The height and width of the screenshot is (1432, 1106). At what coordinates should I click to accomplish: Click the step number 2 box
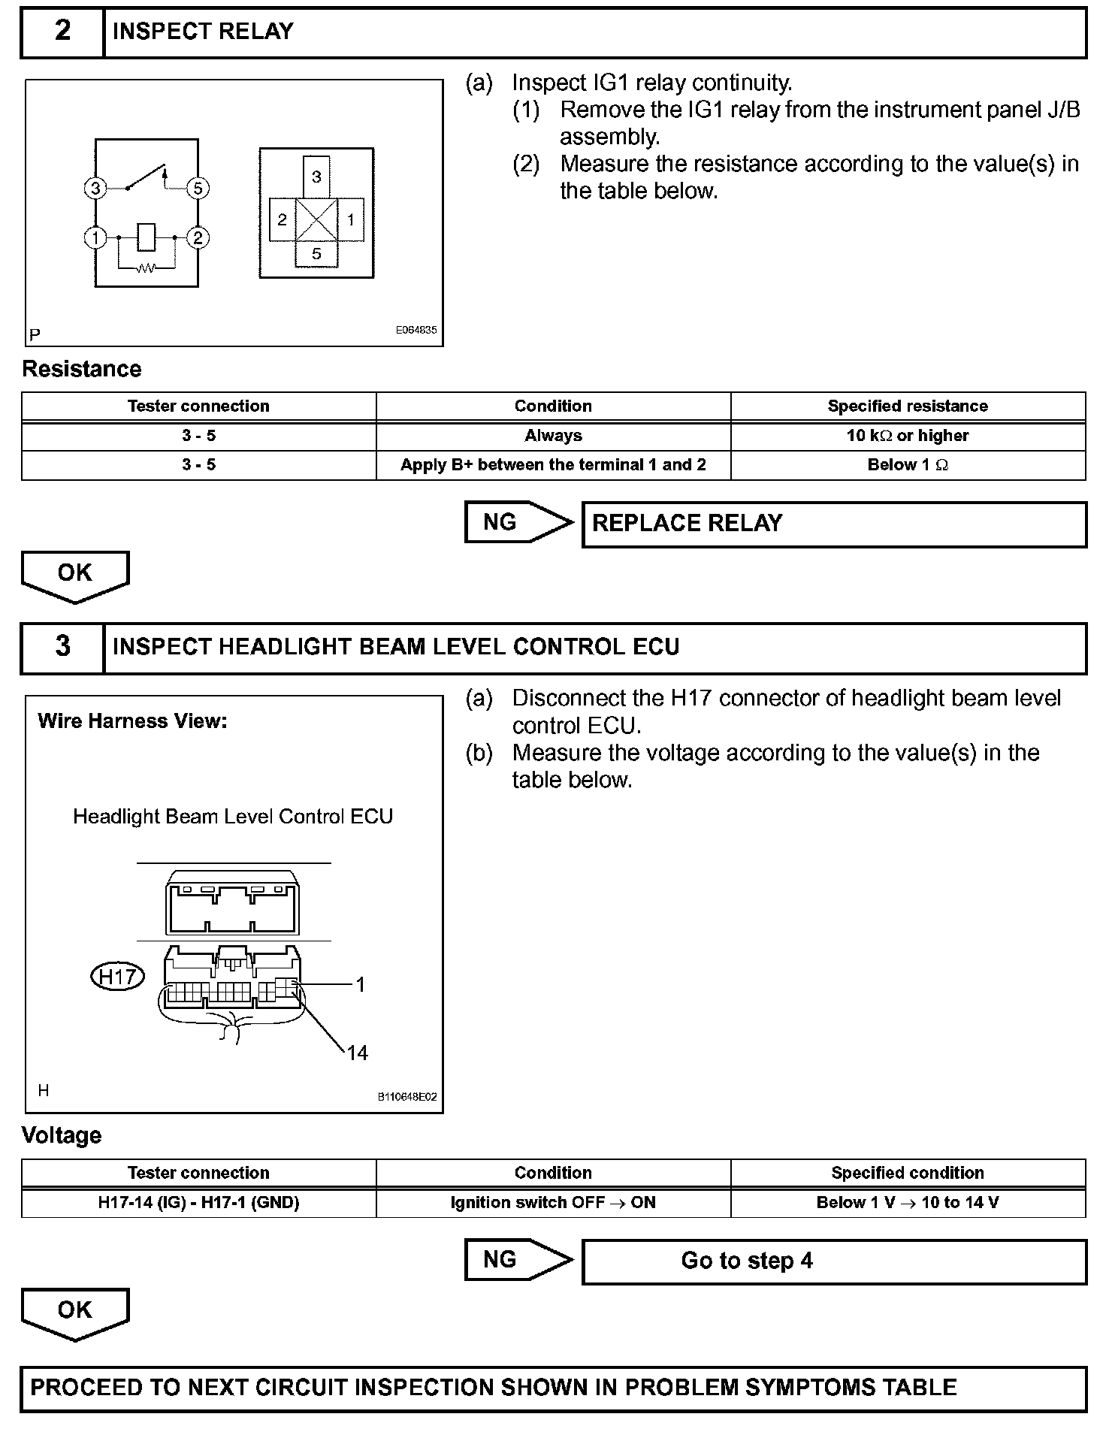62,32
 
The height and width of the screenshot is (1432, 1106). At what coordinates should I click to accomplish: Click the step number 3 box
62,647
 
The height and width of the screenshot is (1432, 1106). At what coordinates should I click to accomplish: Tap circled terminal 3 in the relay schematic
95,188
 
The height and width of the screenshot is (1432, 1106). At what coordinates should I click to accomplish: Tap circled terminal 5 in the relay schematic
198,188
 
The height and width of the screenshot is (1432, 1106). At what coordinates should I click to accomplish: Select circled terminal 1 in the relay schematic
95,238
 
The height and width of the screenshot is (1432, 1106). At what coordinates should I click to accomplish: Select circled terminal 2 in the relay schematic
198,238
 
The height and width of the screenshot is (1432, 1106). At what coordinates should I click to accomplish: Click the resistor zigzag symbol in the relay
147,267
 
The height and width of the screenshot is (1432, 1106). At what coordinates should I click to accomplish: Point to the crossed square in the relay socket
316,220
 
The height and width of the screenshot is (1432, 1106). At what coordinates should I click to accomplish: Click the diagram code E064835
416,330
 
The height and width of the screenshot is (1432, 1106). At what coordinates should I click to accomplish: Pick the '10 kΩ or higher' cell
908,436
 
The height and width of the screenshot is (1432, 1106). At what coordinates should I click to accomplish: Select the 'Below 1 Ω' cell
908,465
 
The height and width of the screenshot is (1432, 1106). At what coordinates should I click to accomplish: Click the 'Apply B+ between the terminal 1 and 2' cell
553,465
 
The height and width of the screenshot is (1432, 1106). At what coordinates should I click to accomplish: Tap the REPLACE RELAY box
834,524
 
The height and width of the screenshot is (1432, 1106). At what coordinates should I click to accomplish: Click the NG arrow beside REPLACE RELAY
518,522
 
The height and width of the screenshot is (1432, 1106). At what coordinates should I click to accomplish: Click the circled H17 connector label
117,977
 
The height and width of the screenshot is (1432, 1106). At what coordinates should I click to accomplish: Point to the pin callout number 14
358,1053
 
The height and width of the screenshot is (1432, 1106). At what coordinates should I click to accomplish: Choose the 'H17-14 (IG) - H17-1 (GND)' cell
198,1203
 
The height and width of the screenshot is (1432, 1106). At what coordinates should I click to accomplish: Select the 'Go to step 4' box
834,1261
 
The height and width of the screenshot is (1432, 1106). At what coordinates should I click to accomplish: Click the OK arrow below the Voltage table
75,1312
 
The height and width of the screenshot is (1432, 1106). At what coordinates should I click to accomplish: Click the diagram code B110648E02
407,1097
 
